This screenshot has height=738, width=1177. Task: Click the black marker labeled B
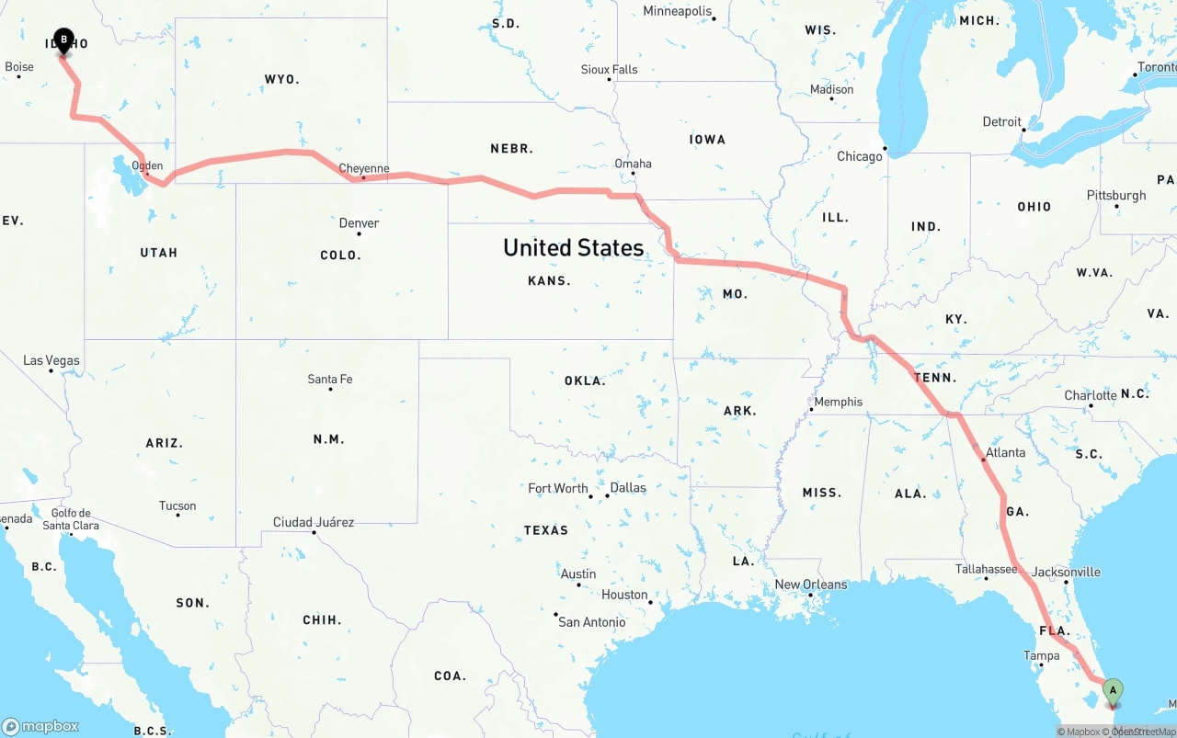coord(63,40)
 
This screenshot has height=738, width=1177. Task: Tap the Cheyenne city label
coord(364,169)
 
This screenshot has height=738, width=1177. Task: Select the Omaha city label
coord(634,164)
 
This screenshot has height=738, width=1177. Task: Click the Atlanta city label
coord(1005,453)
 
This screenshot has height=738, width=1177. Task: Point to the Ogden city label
coord(148,166)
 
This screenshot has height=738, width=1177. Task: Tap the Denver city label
coord(359,223)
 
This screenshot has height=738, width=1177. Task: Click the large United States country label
coord(573,247)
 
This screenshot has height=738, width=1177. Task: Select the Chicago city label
coord(859,156)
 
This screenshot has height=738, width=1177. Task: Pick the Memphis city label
coord(839,402)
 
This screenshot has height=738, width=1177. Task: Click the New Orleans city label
coord(810,585)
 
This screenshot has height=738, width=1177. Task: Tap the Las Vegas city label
coord(51,361)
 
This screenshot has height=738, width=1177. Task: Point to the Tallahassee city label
coord(986,570)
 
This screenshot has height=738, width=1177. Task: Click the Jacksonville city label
coord(1066,572)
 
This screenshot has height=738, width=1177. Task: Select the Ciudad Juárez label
coord(314,522)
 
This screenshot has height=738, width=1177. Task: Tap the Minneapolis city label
coord(678,12)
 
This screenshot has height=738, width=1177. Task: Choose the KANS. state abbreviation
coord(549,281)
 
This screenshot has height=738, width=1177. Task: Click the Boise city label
coord(19,67)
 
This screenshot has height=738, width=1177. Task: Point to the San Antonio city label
coord(592,622)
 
